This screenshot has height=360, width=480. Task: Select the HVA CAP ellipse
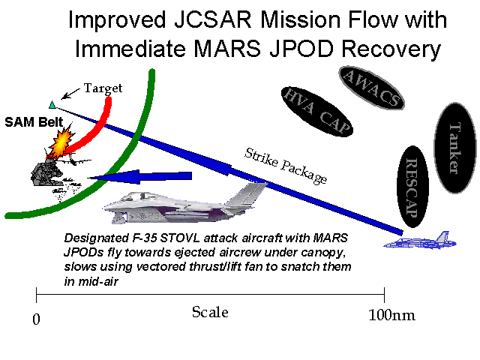[x=316, y=112]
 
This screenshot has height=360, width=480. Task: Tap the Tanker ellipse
[x=455, y=148]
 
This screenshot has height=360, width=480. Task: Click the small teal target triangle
[x=51, y=104]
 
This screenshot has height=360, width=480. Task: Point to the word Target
[x=103, y=88]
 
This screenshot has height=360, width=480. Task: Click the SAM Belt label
[x=26, y=121]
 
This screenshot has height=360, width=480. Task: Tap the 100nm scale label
[x=391, y=316]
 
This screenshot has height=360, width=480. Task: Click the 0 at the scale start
[x=37, y=319]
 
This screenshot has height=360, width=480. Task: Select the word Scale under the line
[x=210, y=313]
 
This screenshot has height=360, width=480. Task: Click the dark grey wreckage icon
[x=45, y=173]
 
